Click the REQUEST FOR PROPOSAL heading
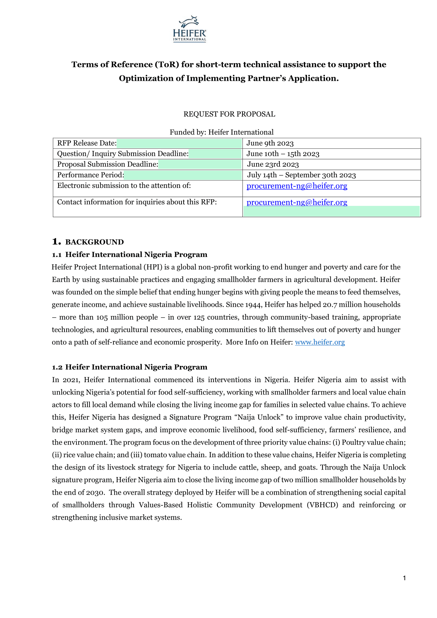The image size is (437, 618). tap(229, 114)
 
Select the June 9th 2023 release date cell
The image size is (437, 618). tap(270, 143)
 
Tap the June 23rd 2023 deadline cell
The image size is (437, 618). tap(273, 164)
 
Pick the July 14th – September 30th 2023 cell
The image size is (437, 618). tap(301, 175)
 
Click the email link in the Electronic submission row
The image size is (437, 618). tap(297, 186)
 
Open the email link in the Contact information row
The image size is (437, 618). tap(297, 202)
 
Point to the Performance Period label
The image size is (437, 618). tap(91, 175)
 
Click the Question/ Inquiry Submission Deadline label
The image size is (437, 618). tap(123, 154)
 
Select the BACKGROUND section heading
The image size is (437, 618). tap(94, 242)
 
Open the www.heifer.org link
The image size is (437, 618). tap(320, 342)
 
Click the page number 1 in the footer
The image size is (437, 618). tap(405, 578)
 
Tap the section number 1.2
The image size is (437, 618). tap(57, 367)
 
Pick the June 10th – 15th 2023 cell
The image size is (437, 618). tap(283, 154)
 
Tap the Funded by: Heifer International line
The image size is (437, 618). tap(221, 132)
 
